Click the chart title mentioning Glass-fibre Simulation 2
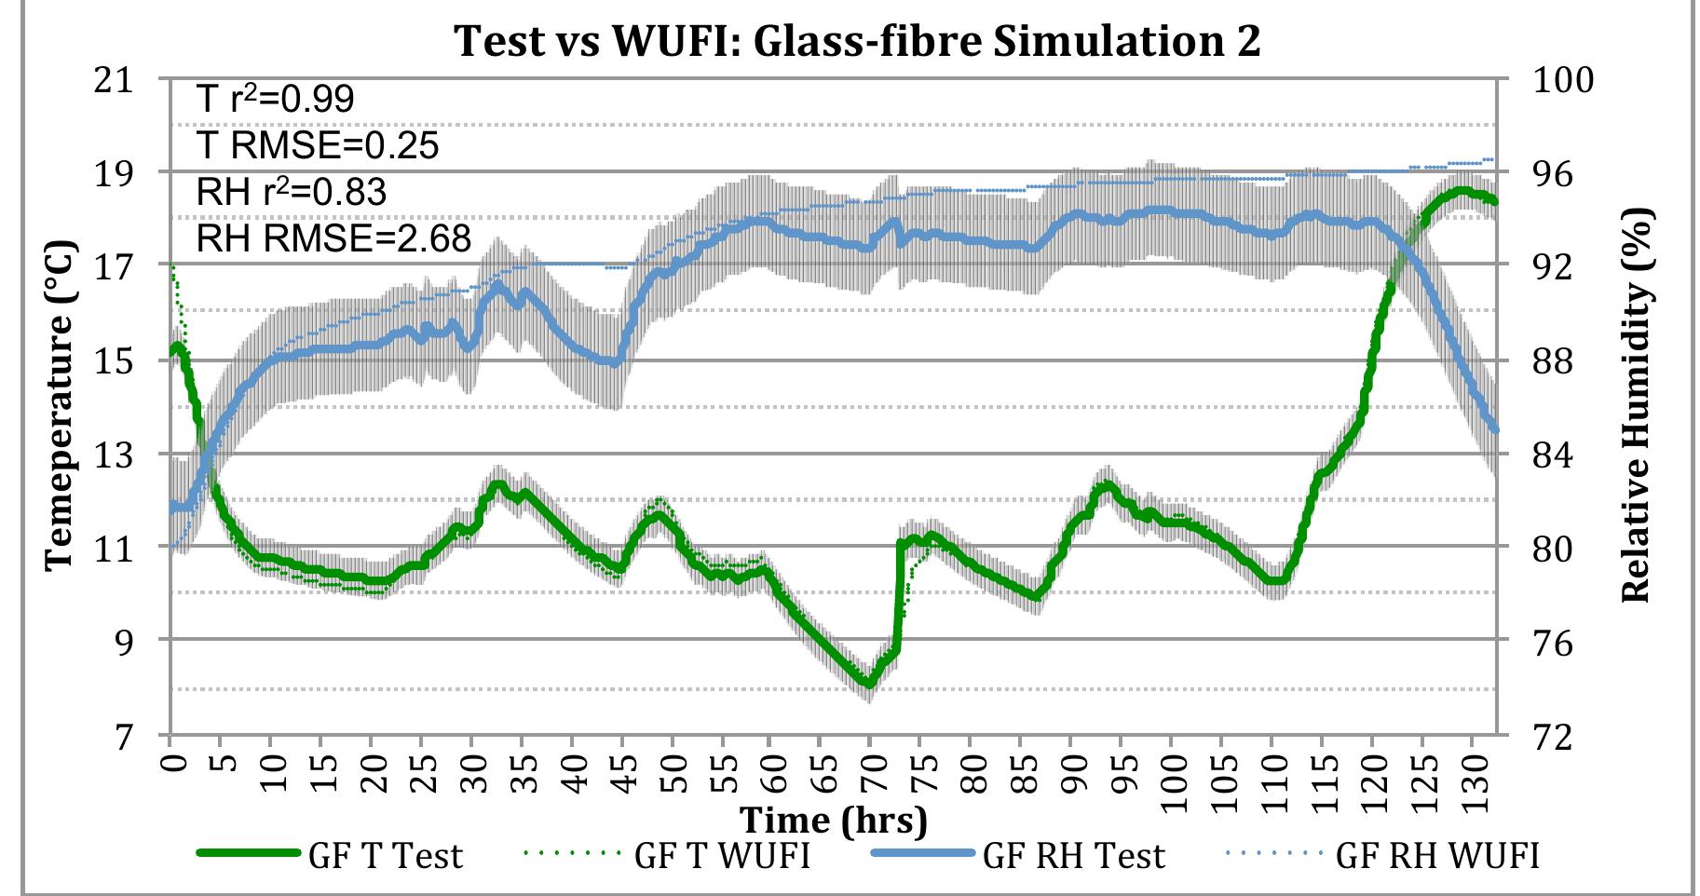pyautogui.click(x=857, y=42)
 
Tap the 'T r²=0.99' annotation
pyautogui.click(x=276, y=99)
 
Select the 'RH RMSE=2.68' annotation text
pyautogui.click(x=333, y=238)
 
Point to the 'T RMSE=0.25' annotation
pyautogui.click(x=317, y=145)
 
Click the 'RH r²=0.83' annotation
pyautogui.click(x=291, y=192)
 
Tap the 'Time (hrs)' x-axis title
pyautogui.click(x=834, y=821)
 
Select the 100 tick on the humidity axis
pyautogui.click(x=1563, y=80)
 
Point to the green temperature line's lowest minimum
pyautogui.click(x=868, y=684)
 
